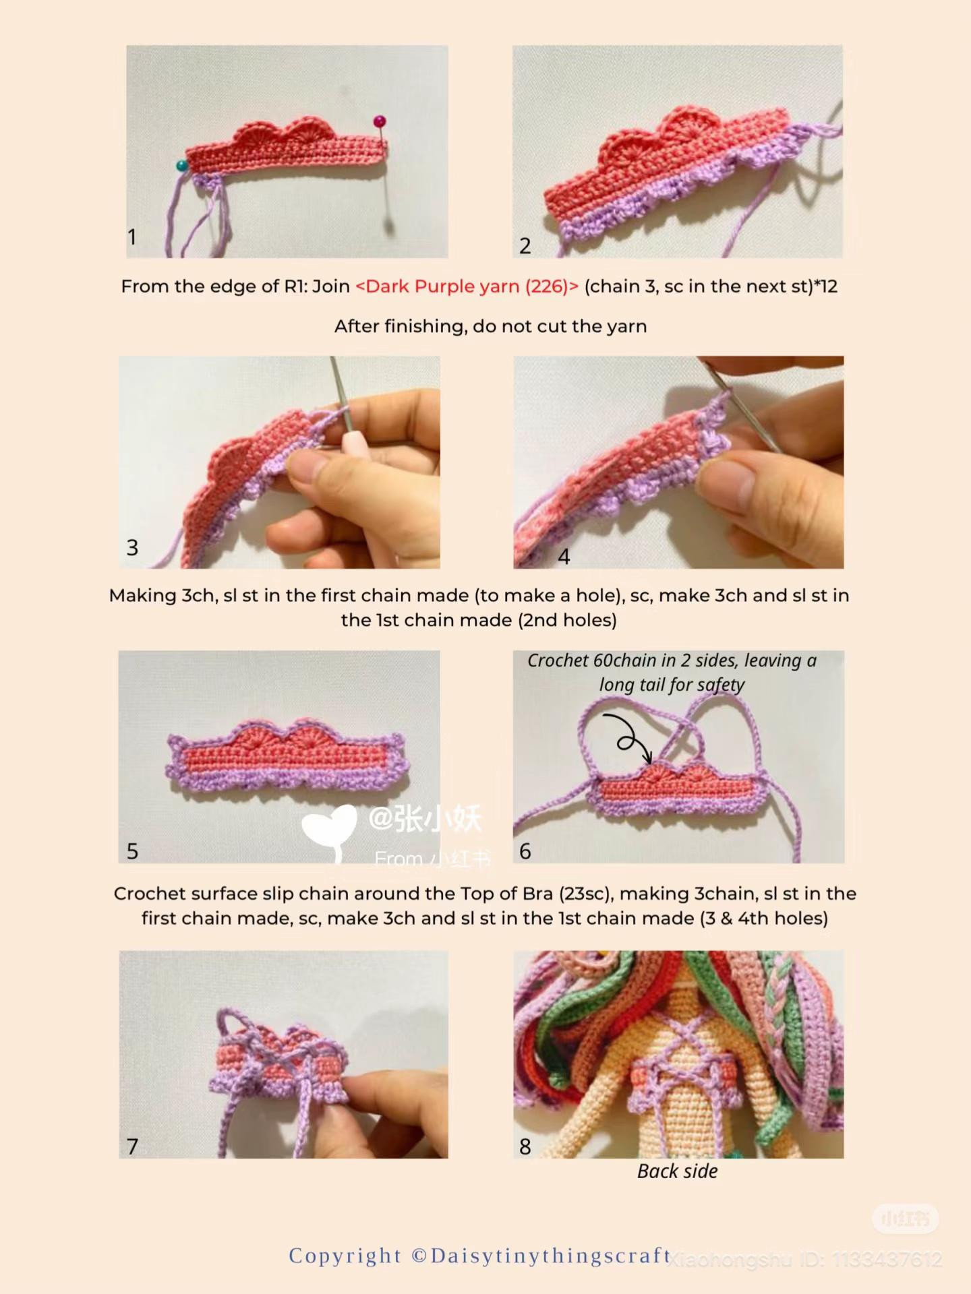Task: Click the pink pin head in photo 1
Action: [380, 122]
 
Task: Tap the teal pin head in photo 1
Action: [182, 165]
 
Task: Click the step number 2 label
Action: [525, 246]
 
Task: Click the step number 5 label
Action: [132, 851]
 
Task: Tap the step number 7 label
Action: [132, 1146]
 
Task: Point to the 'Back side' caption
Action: [677, 1171]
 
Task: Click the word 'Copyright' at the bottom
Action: [345, 1256]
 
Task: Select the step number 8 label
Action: [525, 1146]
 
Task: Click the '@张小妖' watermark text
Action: [425, 820]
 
